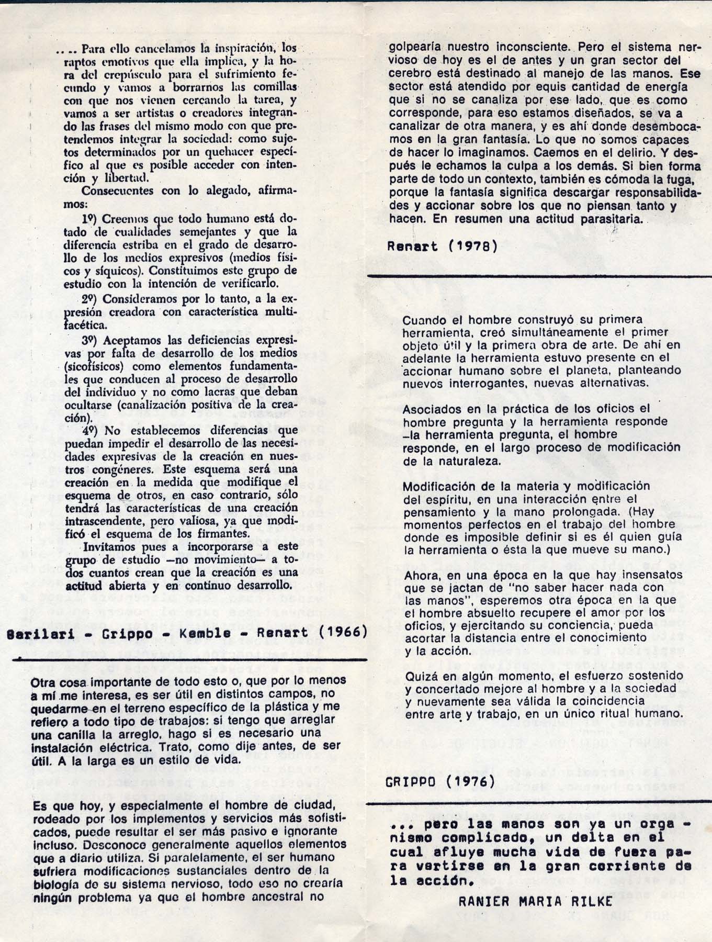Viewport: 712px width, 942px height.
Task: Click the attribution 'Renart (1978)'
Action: [x=442, y=246]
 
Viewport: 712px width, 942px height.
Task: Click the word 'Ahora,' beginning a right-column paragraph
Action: [x=421, y=575]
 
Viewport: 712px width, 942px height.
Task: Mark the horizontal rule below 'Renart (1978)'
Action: [x=539, y=275]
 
